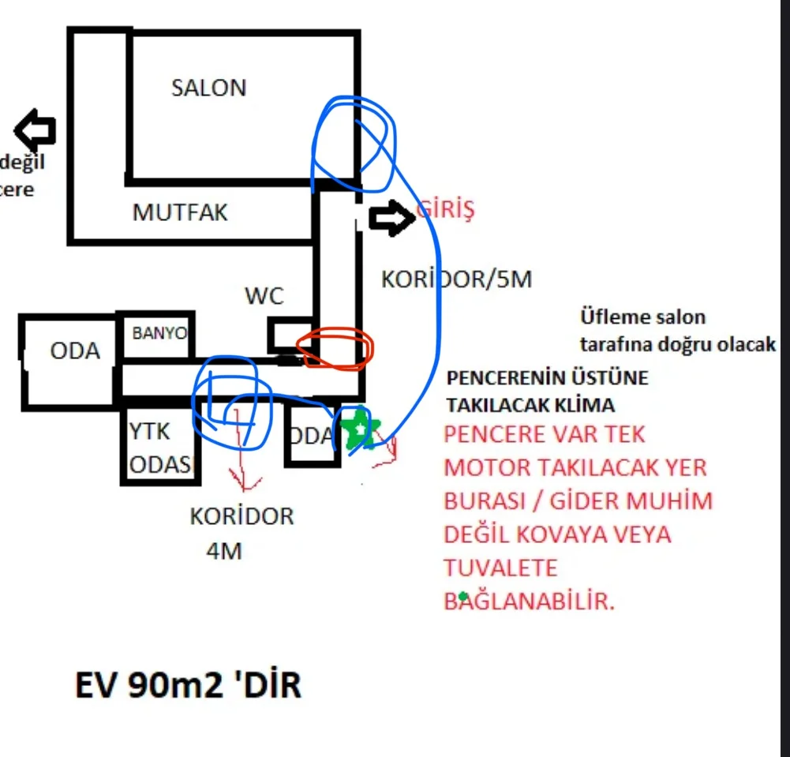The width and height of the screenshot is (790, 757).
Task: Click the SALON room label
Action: coord(208,88)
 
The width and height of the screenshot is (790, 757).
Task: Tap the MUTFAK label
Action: coord(179,212)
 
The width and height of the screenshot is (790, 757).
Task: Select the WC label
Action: coord(264,297)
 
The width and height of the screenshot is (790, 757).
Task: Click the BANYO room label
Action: coord(159,333)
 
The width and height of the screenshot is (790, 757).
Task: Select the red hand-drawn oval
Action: coord(334,349)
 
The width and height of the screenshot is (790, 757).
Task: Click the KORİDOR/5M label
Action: coord(457,280)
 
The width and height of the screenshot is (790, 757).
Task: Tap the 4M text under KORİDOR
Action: coord(223,551)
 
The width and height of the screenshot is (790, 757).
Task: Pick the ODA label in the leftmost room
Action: coord(75,350)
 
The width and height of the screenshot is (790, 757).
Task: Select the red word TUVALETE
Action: coord(500,568)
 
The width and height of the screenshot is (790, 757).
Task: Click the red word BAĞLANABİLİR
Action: coord(529,601)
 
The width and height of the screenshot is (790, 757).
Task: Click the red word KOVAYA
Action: coord(563,534)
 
